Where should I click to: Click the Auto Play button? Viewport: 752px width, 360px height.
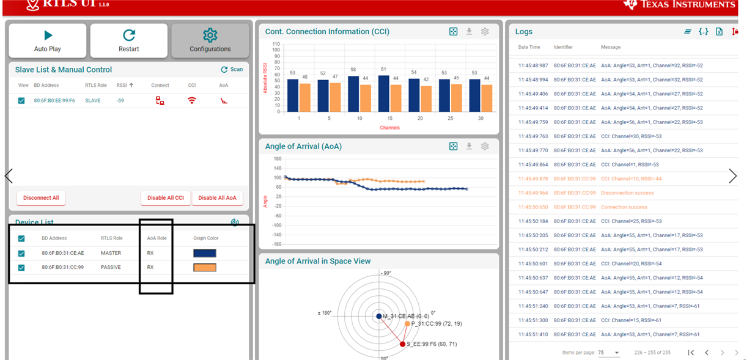click(48, 41)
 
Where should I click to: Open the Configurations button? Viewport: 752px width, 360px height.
click(210, 41)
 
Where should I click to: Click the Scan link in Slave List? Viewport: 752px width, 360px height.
click(232, 70)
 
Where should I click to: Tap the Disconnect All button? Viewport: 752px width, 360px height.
click(41, 198)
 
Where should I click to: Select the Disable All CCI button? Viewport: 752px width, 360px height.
click(165, 198)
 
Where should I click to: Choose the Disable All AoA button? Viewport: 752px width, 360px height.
click(217, 198)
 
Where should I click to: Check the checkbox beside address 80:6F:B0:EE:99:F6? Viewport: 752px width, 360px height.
click(21, 101)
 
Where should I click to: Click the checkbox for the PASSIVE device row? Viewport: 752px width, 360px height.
click(21, 268)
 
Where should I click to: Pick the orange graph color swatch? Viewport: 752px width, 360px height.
click(205, 268)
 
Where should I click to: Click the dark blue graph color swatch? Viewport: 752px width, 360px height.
click(205, 253)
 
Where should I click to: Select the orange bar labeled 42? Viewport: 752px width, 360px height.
click(426, 99)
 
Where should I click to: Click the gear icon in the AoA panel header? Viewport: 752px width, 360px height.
click(485, 147)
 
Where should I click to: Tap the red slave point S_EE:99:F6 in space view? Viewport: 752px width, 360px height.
click(402, 344)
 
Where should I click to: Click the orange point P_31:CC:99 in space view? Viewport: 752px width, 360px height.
click(407, 324)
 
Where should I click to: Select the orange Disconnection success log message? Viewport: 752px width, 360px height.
click(627, 193)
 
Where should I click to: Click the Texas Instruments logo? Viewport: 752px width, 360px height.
click(679, 5)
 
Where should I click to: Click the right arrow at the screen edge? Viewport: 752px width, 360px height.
click(732, 177)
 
